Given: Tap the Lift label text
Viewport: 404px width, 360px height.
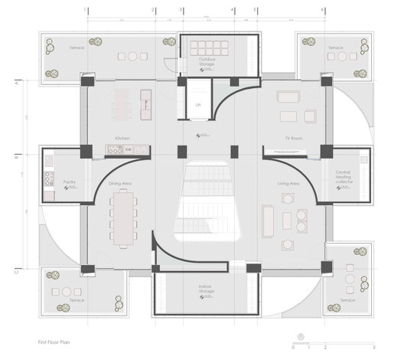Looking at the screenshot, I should coord(198,104).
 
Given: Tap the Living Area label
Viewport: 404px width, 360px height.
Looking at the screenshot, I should coord(288,184).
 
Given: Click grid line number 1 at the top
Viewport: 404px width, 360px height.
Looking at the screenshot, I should coord(87,11).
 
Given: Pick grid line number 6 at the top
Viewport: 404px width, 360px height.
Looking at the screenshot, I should coord(322,11).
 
